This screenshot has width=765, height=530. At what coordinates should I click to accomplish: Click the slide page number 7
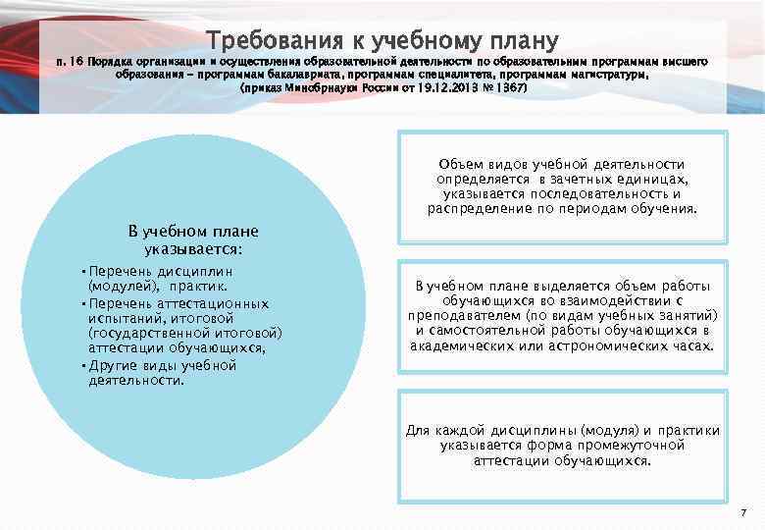coord(742,513)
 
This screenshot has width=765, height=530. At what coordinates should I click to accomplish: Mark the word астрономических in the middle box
coord(613,345)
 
